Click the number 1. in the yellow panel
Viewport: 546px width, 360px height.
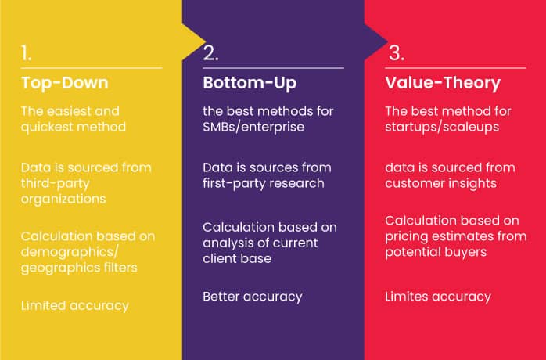click(x=27, y=53)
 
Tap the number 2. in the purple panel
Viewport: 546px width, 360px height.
click(x=210, y=53)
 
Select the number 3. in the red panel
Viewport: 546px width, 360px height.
click(x=396, y=53)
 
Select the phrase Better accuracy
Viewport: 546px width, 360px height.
click(x=252, y=296)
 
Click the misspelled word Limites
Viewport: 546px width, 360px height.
click(x=409, y=296)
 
